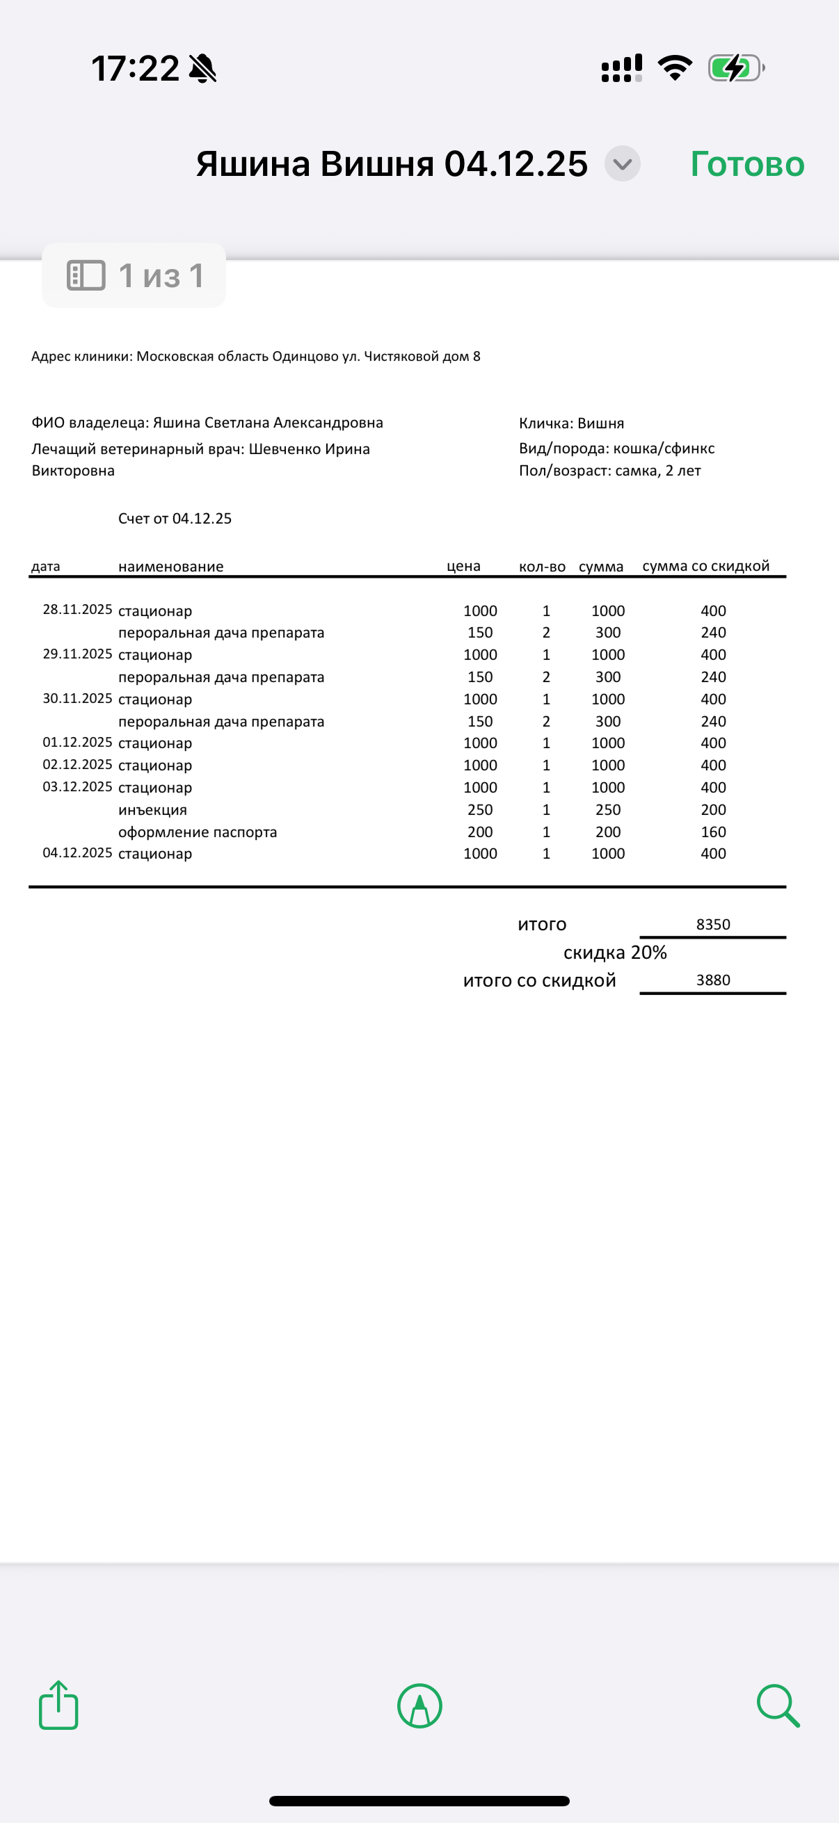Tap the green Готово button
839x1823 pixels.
coord(747,164)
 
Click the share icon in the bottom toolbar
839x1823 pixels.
coord(58,1705)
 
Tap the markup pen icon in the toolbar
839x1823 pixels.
coord(420,1705)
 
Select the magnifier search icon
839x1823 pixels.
coord(778,1705)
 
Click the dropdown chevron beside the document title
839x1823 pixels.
coord(623,164)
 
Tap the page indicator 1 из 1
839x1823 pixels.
coord(134,275)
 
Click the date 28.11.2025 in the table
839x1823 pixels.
coord(77,609)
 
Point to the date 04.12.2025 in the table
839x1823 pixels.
coord(77,853)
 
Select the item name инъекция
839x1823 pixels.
coord(152,809)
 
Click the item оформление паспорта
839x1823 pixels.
coord(198,832)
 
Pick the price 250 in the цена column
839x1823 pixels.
coord(480,809)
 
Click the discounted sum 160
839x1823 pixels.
coord(713,832)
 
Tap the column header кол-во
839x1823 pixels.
coord(542,567)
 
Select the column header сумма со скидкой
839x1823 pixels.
coord(705,566)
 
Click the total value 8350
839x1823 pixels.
coord(713,924)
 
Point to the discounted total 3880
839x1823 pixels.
coord(713,980)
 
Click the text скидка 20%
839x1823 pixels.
coord(614,953)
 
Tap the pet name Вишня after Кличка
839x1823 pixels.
coord(600,423)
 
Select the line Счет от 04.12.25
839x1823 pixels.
coord(175,519)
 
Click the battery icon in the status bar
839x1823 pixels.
coord(735,69)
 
